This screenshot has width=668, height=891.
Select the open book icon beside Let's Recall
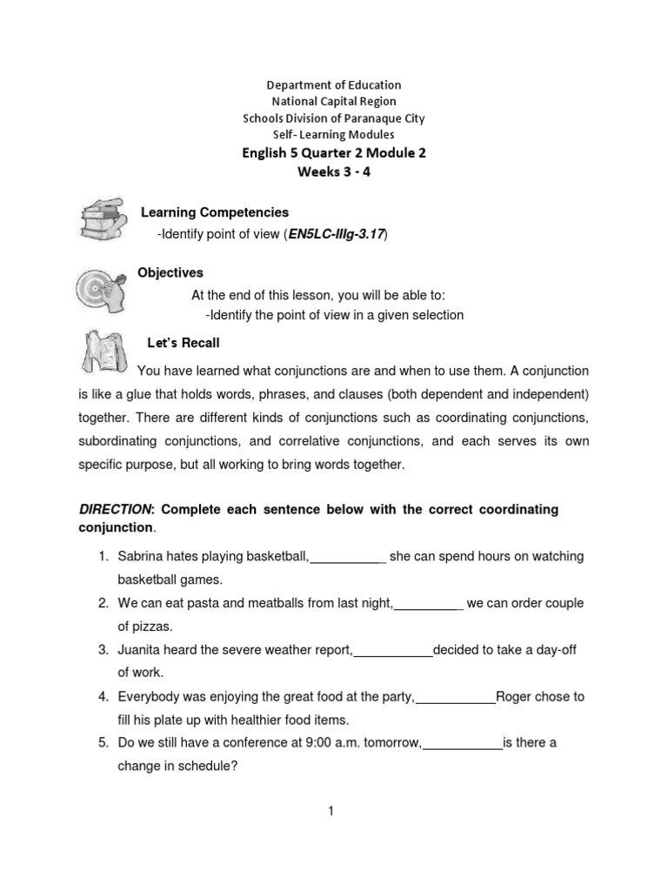[102, 349]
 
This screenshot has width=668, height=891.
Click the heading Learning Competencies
[215, 212]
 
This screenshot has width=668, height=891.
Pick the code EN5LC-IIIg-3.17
[343, 235]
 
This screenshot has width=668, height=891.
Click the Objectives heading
[170, 273]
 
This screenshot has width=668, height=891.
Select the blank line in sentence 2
[429, 604]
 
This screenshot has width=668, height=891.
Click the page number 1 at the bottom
[331, 812]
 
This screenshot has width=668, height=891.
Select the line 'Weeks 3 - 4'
[333, 171]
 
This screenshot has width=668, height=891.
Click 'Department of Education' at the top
[334, 85]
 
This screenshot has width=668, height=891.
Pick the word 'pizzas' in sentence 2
[144, 626]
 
